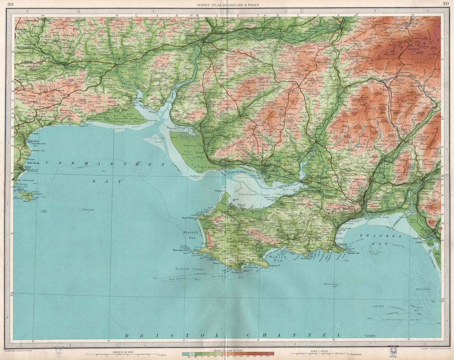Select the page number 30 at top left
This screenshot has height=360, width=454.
10,5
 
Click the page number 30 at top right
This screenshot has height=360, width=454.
444,5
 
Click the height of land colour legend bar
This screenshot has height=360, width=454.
228,353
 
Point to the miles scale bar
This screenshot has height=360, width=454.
123,354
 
